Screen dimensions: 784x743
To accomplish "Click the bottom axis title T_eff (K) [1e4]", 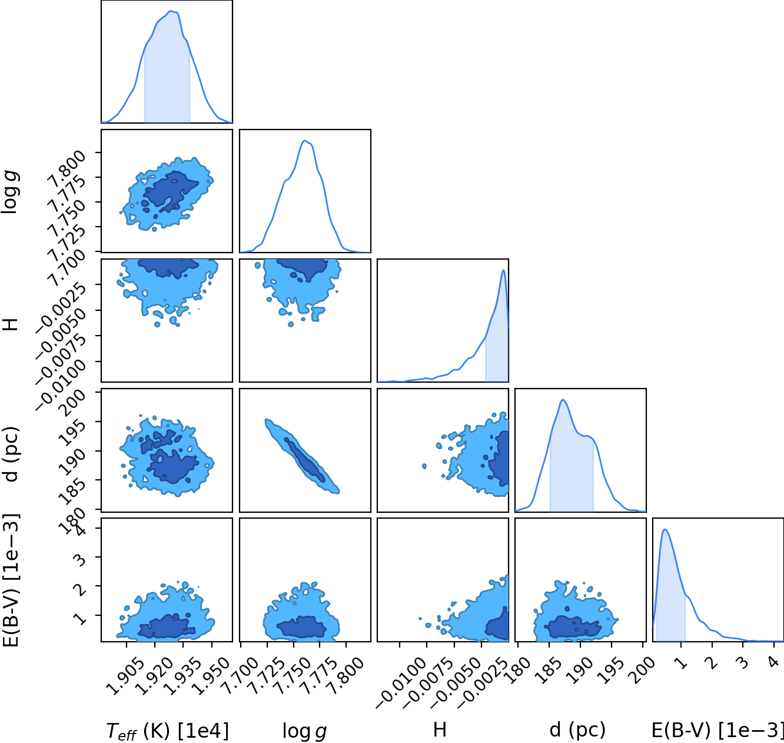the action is click(x=168, y=731).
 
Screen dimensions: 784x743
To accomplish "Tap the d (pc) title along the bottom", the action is click(x=577, y=730).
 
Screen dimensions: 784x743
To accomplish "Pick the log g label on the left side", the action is click(x=11, y=191).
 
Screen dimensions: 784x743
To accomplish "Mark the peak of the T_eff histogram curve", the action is click(x=171, y=11).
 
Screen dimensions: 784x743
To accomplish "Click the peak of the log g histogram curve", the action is click(x=305, y=141).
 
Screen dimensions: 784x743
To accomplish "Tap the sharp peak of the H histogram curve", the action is click(x=504, y=270).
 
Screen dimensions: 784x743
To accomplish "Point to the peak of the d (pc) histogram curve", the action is click(x=563, y=400).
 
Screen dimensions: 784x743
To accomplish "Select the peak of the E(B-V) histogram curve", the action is click(x=665, y=529).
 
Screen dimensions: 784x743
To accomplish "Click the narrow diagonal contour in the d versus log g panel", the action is click(x=302, y=456).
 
